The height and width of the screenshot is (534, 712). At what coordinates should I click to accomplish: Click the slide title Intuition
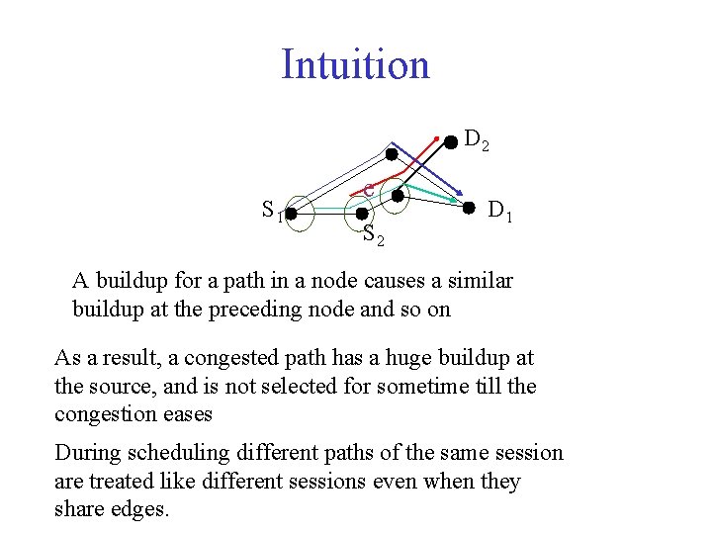click(x=355, y=65)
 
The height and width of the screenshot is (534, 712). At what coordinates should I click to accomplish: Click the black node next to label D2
click(x=450, y=141)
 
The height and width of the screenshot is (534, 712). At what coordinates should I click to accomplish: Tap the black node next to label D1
click(x=470, y=209)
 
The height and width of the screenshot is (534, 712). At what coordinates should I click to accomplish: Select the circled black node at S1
click(x=292, y=211)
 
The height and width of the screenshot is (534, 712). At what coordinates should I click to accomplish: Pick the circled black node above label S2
click(x=362, y=214)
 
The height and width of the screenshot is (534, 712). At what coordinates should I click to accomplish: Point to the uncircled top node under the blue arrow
click(x=392, y=155)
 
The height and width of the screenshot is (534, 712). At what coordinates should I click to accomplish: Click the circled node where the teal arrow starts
click(x=397, y=196)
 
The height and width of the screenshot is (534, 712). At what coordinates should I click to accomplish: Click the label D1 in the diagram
click(x=499, y=210)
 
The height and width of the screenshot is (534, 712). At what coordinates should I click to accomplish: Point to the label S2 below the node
click(x=373, y=236)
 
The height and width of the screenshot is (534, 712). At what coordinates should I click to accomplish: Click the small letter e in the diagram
click(x=368, y=188)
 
